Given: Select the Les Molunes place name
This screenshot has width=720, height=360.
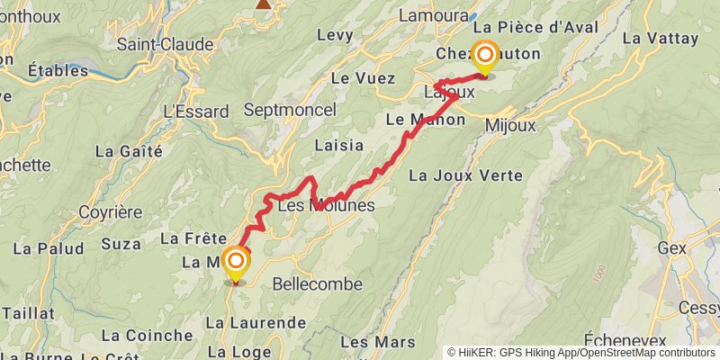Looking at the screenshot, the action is [x=326, y=206].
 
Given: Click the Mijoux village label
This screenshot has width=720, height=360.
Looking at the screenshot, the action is [x=509, y=125].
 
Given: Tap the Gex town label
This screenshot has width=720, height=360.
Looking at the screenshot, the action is [x=672, y=247].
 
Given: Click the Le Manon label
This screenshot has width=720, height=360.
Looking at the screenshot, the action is [x=424, y=119].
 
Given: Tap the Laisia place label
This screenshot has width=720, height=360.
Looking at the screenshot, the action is [x=339, y=145].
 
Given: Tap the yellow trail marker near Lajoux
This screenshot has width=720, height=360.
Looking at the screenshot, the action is [x=485, y=59].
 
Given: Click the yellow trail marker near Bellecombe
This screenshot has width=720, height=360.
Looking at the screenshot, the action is [x=237, y=265].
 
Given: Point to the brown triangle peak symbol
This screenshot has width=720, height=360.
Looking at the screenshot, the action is [x=263, y=4].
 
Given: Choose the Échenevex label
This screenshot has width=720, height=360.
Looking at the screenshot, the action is [x=625, y=339].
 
